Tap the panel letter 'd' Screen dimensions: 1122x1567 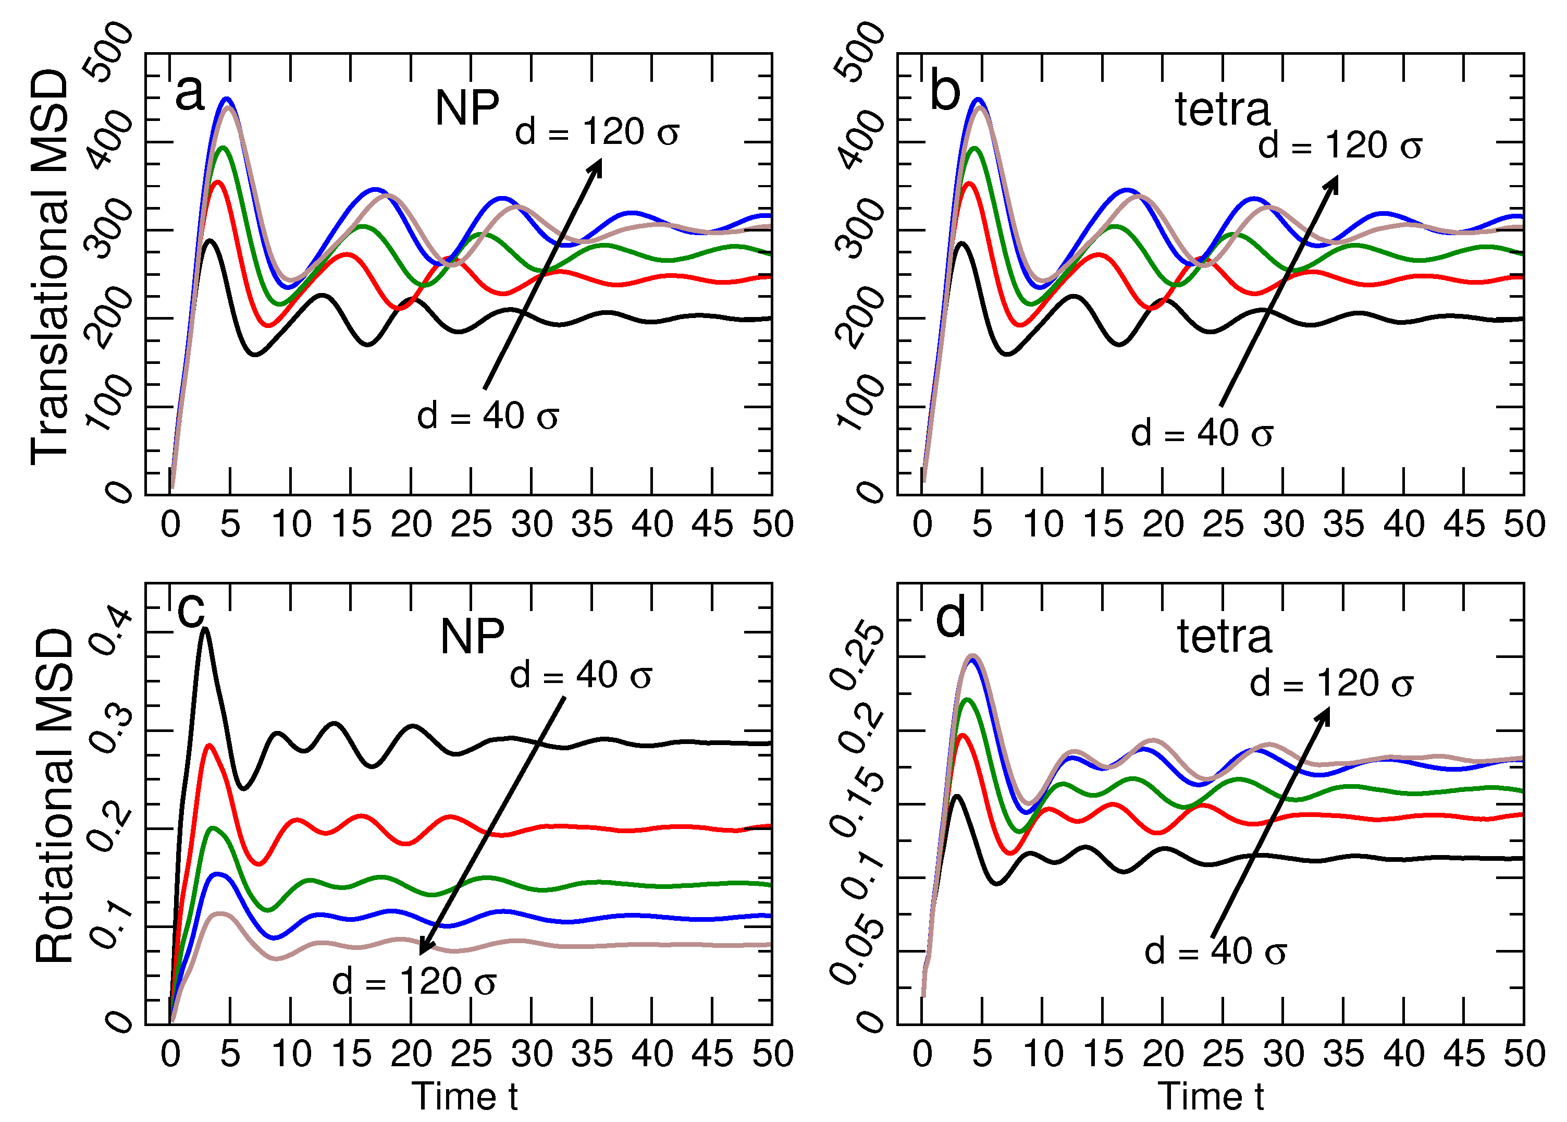coord(951,618)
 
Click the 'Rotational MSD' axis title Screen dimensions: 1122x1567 coord(54,797)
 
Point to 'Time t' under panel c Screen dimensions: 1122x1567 coord(464,1096)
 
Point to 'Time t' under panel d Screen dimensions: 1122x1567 coord(1211,1096)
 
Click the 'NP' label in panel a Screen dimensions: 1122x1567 coord(467,108)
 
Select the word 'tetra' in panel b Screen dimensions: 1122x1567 coord(1223,110)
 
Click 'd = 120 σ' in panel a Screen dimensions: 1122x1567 coord(597,131)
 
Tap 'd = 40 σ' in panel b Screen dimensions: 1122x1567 coord(1202,434)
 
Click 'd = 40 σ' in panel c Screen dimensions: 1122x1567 coord(580,675)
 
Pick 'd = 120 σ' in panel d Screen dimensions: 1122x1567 coord(1331,684)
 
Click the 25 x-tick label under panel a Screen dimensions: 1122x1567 coord(471,525)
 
